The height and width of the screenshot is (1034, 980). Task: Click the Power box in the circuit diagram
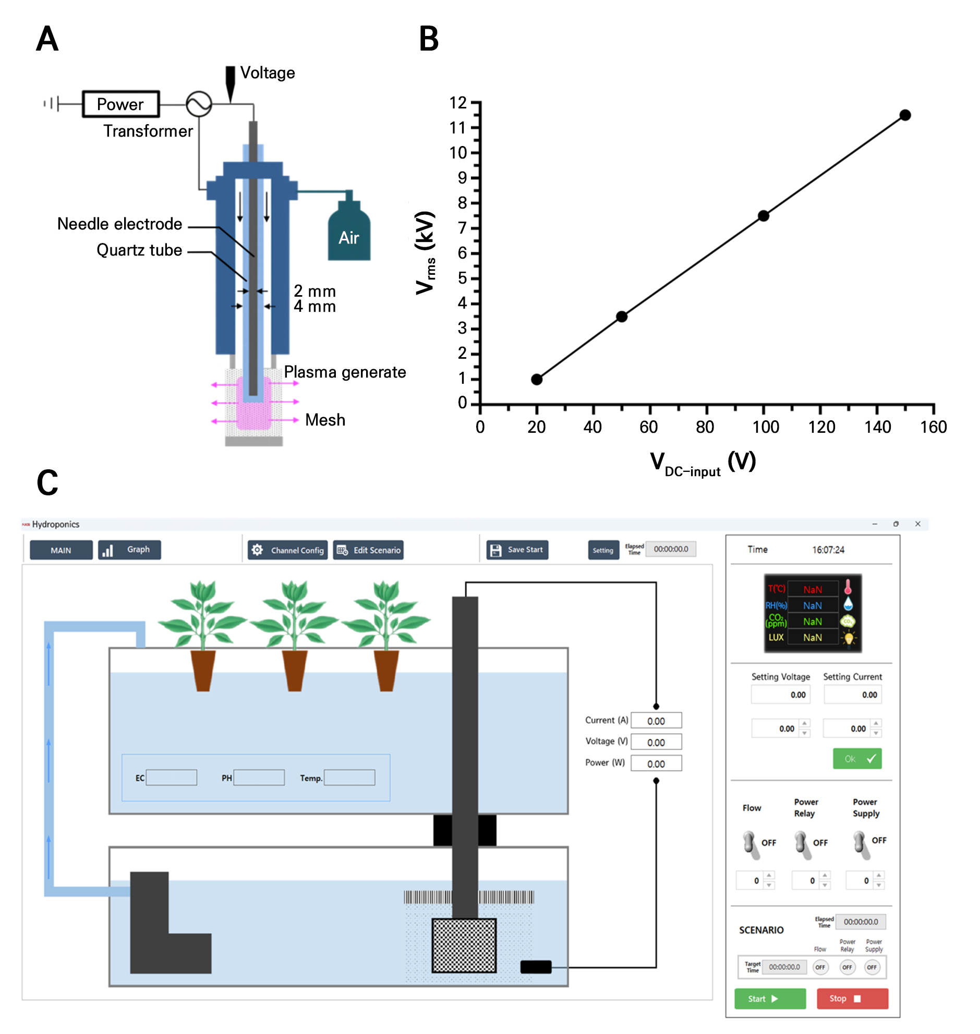tap(120, 104)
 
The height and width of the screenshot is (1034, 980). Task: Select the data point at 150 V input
tap(905, 115)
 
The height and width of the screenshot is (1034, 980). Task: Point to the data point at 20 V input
tap(537, 380)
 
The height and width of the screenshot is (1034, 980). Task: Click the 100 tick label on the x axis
tap(765, 427)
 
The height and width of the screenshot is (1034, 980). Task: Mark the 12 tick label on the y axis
tap(458, 103)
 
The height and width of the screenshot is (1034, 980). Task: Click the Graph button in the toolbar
tap(129, 550)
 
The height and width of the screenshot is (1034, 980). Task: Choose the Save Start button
tap(517, 550)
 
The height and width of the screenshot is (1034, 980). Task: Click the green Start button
tap(769, 999)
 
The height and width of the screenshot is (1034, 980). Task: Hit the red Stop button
tap(852, 999)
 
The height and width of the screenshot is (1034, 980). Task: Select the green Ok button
tap(857, 759)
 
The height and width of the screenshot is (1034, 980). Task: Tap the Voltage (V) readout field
tap(656, 742)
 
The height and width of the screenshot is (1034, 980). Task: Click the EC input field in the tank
tap(172, 777)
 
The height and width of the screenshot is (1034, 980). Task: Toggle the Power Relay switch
tap(802, 844)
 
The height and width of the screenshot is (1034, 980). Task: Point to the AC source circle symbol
tap(199, 104)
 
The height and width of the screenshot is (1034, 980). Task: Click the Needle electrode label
tap(119, 224)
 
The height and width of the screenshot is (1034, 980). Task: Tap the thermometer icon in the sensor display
tap(848, 588)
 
